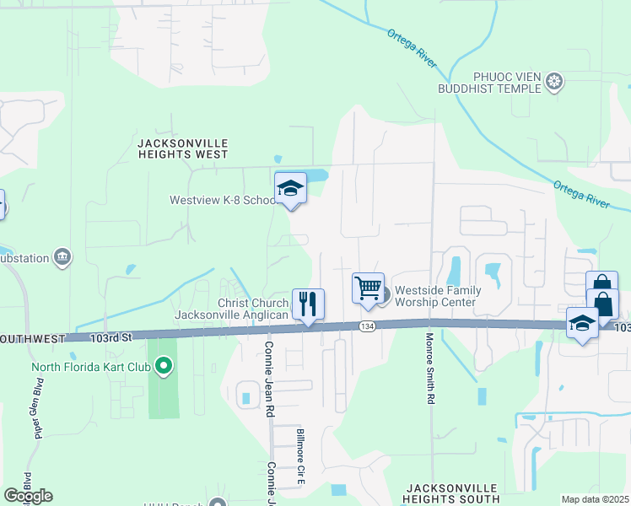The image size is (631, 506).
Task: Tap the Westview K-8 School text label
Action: click(x=223, y=201)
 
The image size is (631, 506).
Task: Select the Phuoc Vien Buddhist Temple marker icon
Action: click(x=554, y=82)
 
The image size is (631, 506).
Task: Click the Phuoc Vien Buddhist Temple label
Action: click(x=496, y=82)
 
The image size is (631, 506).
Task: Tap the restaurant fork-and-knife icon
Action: click(x=308, y=304)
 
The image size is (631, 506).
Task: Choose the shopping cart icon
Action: click(x=368, y=288)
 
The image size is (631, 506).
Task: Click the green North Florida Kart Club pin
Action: click(x=164, y=366)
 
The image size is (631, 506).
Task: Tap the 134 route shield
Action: click(x=365, y=326)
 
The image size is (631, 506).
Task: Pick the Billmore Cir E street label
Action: click(x=299, y=455)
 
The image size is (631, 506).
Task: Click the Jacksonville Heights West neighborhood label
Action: click(x=182, y=149)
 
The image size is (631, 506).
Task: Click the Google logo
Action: click(x=28, y=496)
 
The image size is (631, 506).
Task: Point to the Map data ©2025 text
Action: click(x=595, y=499)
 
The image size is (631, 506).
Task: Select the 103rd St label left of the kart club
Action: click(x=113, y=337)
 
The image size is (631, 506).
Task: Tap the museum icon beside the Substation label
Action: click(x=61, y=256)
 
